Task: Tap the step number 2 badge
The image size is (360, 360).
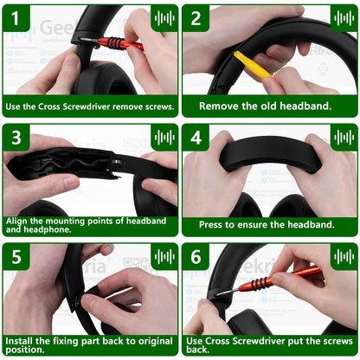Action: coord(196,18)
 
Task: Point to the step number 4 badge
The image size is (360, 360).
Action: coord(196,138)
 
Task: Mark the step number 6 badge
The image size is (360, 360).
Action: coord(196,257)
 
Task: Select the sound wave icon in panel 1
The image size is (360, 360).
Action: coord(164,18)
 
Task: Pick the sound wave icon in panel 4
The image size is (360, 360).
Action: coord(344,138)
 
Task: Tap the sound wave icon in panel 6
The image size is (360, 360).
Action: coord(344,257)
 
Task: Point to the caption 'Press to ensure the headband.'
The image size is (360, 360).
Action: coord(267,225)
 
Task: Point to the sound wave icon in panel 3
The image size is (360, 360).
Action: coord(164,138)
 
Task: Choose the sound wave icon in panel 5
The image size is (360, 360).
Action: coord(164,257)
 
